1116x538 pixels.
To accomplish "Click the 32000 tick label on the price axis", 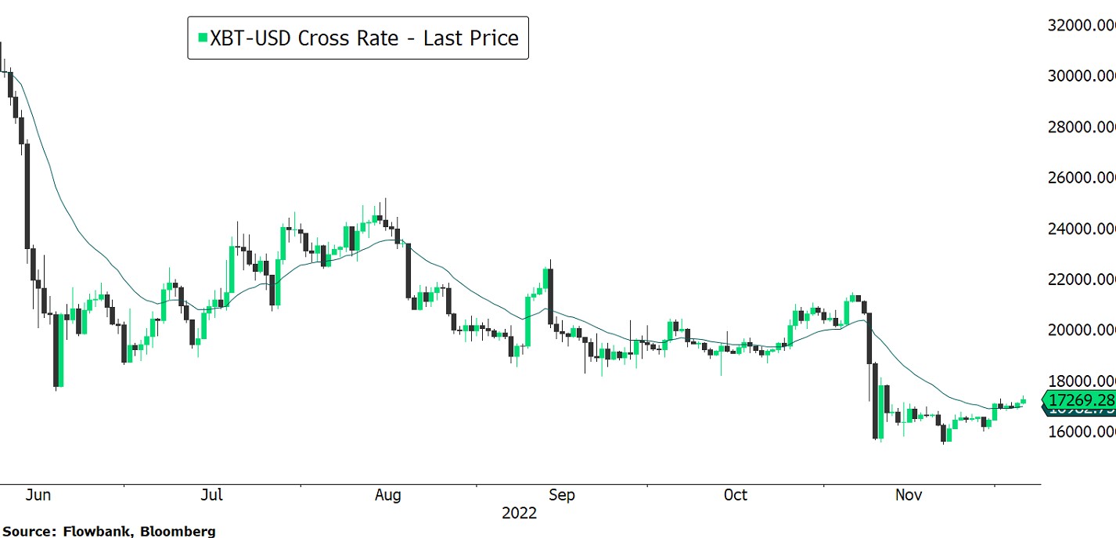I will coord(1082,25).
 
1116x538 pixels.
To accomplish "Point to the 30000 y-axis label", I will coord(1082,76).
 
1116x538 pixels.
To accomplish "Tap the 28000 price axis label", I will coord(1082,127).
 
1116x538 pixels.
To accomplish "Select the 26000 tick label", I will coord(1082,178).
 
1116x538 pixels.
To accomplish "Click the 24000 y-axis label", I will coord(1082,229).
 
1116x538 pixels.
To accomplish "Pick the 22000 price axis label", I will coord(1082,280).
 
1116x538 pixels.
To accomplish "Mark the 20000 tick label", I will coord(1082,330).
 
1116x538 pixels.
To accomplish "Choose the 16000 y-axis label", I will coord(1082,431).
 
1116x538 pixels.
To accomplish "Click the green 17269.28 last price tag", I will coord(1080,400).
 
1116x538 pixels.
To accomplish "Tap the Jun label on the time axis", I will coord(38,495).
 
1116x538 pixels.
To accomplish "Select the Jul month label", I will coord(211,495).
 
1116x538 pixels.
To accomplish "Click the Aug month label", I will coord(387,495).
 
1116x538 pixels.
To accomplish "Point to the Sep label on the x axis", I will coord(561,495).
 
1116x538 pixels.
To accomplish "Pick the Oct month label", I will coord(735,495).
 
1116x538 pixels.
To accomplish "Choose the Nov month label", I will coord(909,495).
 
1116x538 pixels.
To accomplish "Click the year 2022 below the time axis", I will coord(520,514).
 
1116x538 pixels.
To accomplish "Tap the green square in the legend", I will coord(202,38).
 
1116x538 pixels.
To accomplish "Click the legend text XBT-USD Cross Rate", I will coord(304,38).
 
